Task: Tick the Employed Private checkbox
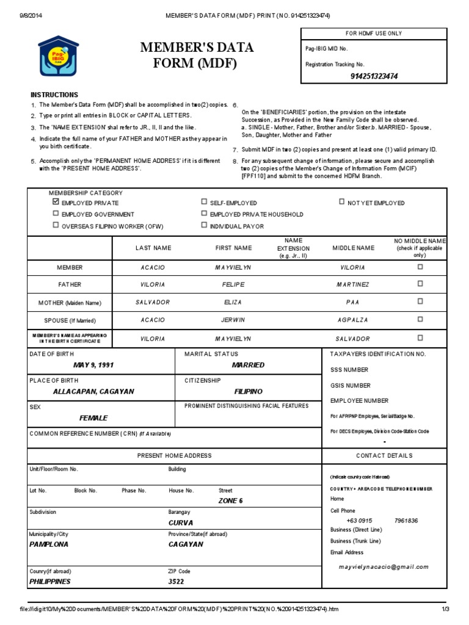pos(56,202)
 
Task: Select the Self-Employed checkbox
pos(204,202)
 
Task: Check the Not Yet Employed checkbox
pos(341,202)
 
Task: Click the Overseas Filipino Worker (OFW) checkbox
pos(56,225)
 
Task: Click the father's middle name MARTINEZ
pos(352,284)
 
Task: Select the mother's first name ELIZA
pos(233,302)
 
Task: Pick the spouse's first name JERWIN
pos(233,319)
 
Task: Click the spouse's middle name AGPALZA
pos(352,319)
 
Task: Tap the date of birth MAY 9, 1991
pos(93,365)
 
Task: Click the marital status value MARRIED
pos(248,365)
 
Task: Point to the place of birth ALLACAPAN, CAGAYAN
pos(93,391)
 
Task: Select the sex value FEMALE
pos(93,418)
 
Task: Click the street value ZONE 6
pos(230,500)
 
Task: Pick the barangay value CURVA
pos(181,522)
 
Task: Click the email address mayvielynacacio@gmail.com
pos(384,566)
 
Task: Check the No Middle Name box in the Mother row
pos(420,301)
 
